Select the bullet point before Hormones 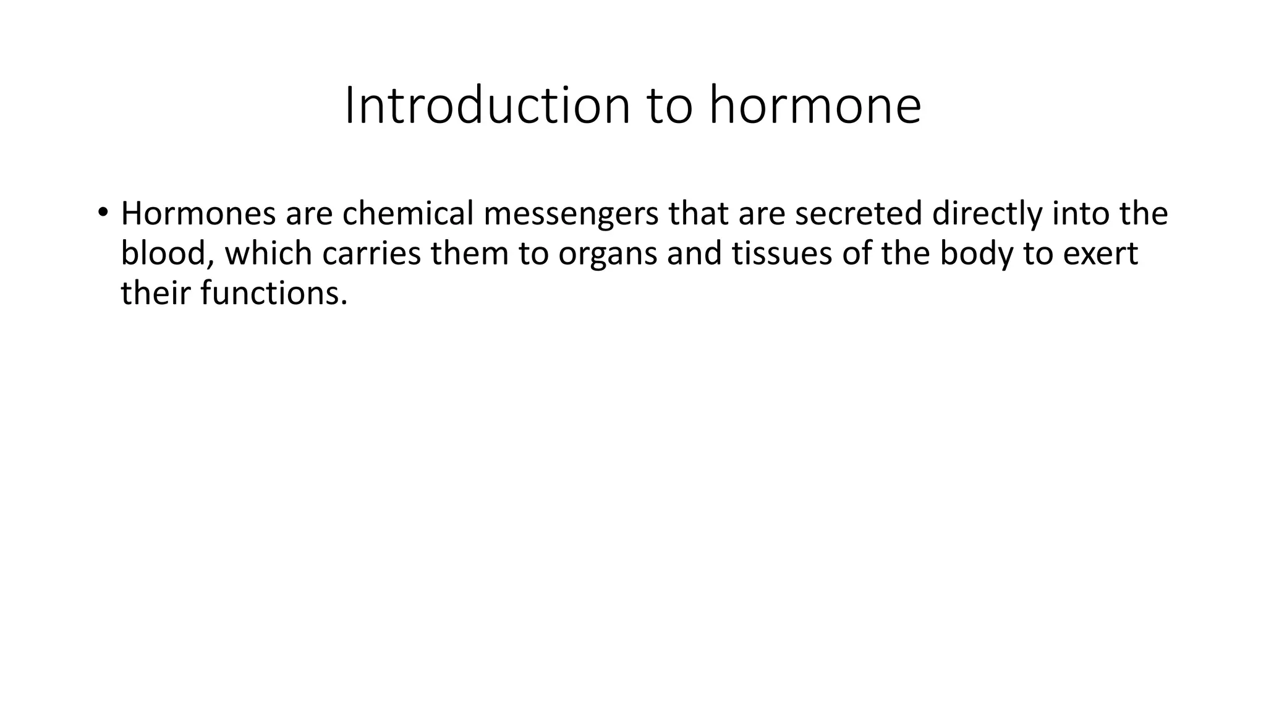[102, 212]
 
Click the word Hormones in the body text [198, 213]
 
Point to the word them [470, 253]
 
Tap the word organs [608, 255]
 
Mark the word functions [274, 293]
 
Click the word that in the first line [699, 213]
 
